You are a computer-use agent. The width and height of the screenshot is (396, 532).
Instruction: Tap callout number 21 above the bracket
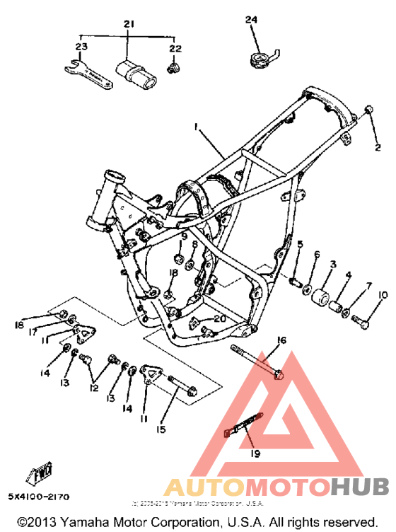pos(128,25)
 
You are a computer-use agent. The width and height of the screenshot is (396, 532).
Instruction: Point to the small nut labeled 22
pos(173,68)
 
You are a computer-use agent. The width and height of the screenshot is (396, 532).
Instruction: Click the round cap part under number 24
pos(262,59)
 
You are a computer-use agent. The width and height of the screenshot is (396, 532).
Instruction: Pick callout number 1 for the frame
pos(197,127)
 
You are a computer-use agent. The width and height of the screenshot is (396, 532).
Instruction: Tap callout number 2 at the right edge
pos(378,147)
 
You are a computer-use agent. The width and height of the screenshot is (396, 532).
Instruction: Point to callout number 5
pos(300,245)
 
